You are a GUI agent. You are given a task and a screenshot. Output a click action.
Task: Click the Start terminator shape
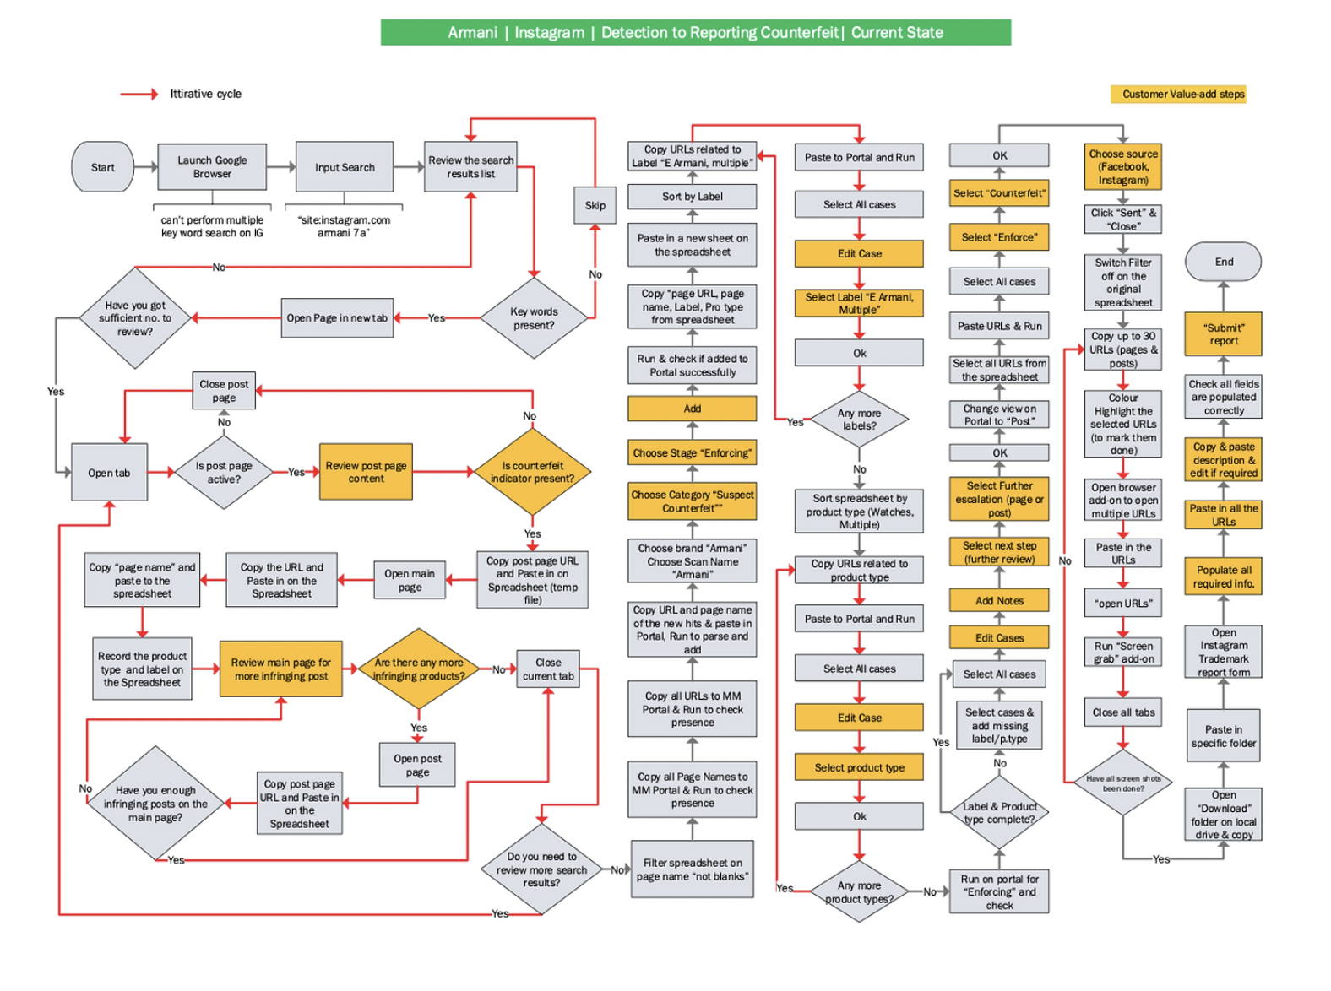pyautogui.click(x=102, y=167)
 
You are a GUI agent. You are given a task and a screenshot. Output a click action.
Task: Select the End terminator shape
pyautogui.click(x=1223, y=262)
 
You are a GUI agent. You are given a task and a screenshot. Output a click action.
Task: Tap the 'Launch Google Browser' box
pyautogui.click(x=212, y=167)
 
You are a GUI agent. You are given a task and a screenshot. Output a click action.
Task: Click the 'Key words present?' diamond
pyautogui.click(x=534, y=318)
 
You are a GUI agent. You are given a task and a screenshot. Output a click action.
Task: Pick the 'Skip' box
pyautogui.click(x=595, y=205)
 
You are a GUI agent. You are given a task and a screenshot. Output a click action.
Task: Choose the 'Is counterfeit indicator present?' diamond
pyautogui.click(x=532, y=472)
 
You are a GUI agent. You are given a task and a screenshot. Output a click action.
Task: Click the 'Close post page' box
pyautogui.click(x=224, y=391)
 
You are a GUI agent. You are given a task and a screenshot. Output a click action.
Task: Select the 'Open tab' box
pyautogui.click(x=109, y=473)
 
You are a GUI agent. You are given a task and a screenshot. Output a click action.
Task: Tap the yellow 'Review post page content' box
pyautogui.click(x=366, y=472)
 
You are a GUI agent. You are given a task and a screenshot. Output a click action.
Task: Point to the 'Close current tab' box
pyautogui.click(x=548, y=669)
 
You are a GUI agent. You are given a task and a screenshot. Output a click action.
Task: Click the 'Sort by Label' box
pyautogui.click(x=692, y=197)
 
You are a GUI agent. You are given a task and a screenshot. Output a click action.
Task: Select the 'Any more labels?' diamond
pyautogui.click(x=859, y=420)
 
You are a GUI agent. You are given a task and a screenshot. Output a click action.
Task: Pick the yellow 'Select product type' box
pyautogui.click(x=859, y=767)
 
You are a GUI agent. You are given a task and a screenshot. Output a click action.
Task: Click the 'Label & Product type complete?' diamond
pyautogui.click(x=999, y=813)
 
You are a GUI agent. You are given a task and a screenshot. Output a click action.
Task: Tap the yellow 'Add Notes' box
pyautogui.click(x=999, y=601)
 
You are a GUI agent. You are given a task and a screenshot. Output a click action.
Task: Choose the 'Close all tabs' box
pyautogui.click(x=1122, y=712)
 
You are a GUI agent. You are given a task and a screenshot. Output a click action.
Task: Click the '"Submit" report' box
pyautogui.click(x=1223, y=334)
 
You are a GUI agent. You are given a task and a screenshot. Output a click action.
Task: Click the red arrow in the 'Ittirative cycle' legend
pyautogui.click(x=139, y=94)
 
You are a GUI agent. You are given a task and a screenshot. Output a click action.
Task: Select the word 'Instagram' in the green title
pyautogui.click(x=549, y=33)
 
